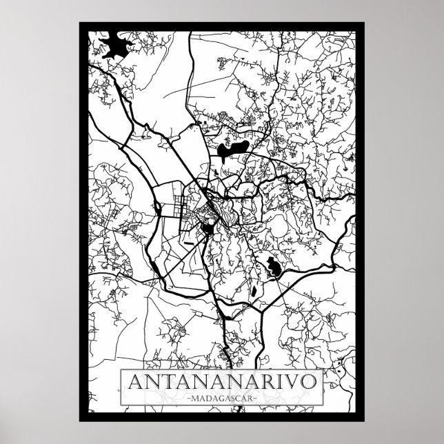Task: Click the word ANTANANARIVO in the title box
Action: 221,382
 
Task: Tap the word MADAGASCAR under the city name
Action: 221,397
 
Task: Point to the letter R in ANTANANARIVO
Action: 272,382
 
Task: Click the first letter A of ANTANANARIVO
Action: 130,382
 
